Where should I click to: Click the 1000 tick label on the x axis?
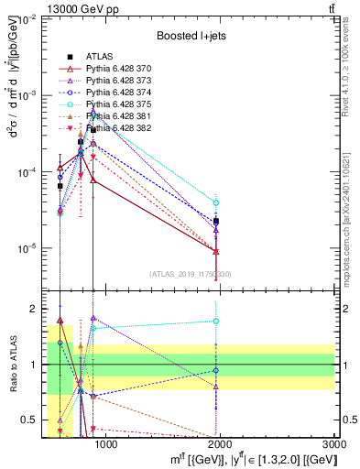pyautogui.click(x=106, y=444)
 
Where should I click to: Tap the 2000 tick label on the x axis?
pyautogui.click(x=222, y=444)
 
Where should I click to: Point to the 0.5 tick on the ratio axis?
pyautogui.click(x=35, y=420)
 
